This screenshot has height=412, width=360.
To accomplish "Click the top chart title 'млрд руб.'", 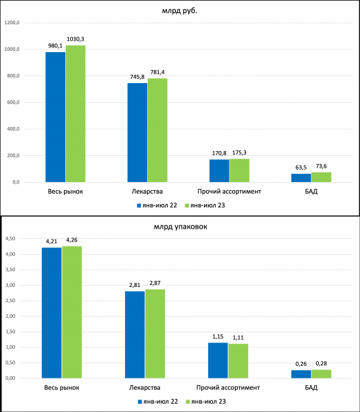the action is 179,11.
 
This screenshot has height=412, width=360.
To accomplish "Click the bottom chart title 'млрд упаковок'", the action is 181,227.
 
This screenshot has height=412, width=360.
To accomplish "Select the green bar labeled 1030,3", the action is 76,114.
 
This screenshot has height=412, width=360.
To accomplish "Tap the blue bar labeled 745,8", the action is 137,133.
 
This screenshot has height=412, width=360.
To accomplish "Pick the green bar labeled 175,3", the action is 239,170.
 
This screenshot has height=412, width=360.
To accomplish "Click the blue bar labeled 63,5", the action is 301,178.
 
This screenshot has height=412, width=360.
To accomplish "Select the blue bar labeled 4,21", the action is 52,313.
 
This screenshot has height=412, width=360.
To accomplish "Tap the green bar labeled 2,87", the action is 155,334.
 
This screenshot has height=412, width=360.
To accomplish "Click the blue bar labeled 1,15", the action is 218,360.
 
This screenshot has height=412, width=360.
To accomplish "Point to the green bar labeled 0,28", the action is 322,374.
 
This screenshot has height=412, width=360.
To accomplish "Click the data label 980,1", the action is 55,46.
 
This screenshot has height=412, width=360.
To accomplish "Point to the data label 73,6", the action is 322,166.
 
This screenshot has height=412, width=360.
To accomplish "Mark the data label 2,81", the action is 135,285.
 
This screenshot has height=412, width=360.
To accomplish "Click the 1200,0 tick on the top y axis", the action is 12,23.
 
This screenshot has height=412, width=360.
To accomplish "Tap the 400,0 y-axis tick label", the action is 14,129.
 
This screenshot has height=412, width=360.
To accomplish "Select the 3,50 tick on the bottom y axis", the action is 10,270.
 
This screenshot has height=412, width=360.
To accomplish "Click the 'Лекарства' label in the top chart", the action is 147,192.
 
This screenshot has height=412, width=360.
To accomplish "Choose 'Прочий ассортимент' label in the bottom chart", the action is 228,387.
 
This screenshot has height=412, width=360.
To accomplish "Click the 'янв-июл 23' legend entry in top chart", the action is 205,205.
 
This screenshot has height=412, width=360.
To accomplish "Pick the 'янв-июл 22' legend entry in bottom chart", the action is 158,402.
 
